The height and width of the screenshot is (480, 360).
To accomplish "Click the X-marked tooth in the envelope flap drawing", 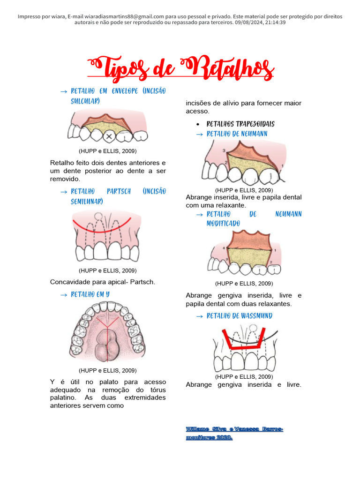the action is (109, 136).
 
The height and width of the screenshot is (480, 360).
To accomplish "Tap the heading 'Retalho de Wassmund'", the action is (239, 316).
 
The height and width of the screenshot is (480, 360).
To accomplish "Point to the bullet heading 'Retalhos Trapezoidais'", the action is (240, 124).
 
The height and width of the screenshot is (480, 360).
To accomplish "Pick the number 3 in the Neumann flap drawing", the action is (224, 150).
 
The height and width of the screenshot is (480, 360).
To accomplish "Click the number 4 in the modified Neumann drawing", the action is (224, 247).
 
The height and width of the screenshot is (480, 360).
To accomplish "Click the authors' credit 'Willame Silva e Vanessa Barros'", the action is (234, 429).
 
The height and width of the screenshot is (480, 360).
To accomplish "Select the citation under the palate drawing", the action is (108, 370).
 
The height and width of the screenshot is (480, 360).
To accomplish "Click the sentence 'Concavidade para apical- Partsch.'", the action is (102, 282).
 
